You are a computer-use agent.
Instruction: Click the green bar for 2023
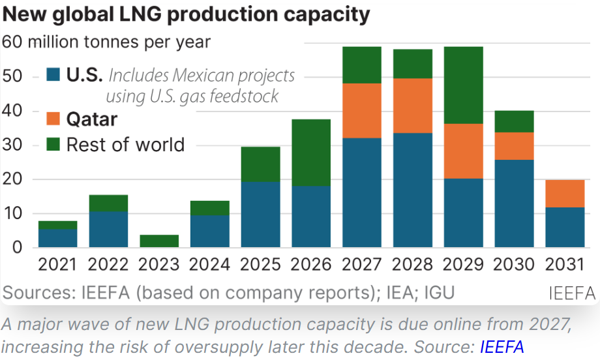159,241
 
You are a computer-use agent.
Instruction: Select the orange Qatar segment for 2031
565,194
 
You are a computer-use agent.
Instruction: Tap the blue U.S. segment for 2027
362,192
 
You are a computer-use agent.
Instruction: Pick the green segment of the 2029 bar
464,85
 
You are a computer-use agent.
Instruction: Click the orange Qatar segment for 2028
413,106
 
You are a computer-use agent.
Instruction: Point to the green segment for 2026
311,153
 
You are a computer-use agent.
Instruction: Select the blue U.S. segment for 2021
58,238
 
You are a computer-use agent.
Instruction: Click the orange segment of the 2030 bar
515,146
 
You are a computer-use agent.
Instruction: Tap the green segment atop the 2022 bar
108,203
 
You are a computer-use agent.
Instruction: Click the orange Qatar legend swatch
53,119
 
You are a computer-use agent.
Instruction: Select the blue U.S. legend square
53,74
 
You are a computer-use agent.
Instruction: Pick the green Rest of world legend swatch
53,144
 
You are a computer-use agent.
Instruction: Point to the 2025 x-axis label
260,264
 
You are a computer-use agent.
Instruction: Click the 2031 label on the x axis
565,264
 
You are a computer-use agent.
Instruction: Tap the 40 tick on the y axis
12,111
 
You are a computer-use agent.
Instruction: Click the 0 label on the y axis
17,248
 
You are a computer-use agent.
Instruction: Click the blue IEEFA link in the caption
502,347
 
